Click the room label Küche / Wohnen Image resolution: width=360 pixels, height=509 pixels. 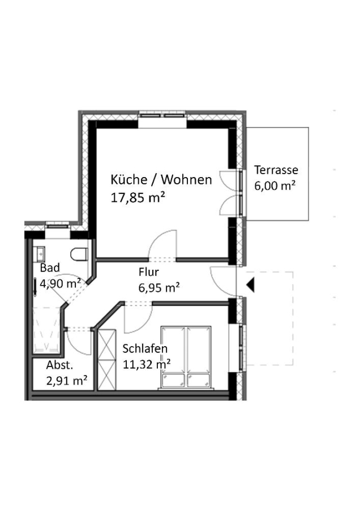[161, 179]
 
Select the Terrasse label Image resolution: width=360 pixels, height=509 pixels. [276, 170]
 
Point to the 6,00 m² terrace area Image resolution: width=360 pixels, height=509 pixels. [275, 186]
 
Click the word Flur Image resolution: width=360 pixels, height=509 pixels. [148, 271]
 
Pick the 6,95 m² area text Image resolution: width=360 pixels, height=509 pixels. [159, 287]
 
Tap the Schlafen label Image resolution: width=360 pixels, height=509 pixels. [145, 348]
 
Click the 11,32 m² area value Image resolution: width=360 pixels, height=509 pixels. [147, 364]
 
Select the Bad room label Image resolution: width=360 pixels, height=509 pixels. [50, 268]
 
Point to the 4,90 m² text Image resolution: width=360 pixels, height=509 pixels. [61, 283]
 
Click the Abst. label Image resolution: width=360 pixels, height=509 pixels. [59, 365]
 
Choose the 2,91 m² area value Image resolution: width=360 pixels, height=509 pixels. [67, 380]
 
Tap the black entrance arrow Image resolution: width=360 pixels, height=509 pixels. [250, 286]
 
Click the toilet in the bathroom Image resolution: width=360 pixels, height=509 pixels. [79, 254]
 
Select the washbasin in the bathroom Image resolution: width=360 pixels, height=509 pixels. [40, 254]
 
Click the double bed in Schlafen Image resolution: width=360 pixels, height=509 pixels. [186, 357]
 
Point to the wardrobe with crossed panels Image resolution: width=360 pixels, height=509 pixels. [107, 359]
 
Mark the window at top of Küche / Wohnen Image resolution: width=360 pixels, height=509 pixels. [162, 115]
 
